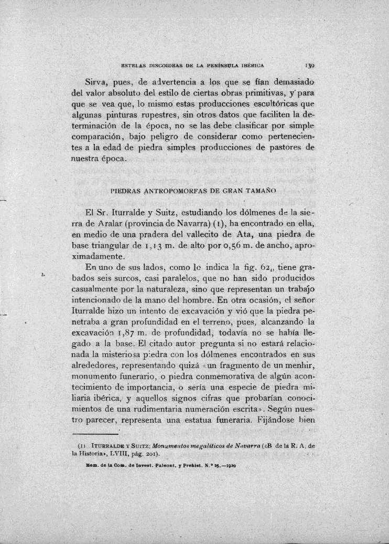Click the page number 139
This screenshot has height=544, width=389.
[308, 66]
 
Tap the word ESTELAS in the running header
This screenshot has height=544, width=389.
[134, 66]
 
